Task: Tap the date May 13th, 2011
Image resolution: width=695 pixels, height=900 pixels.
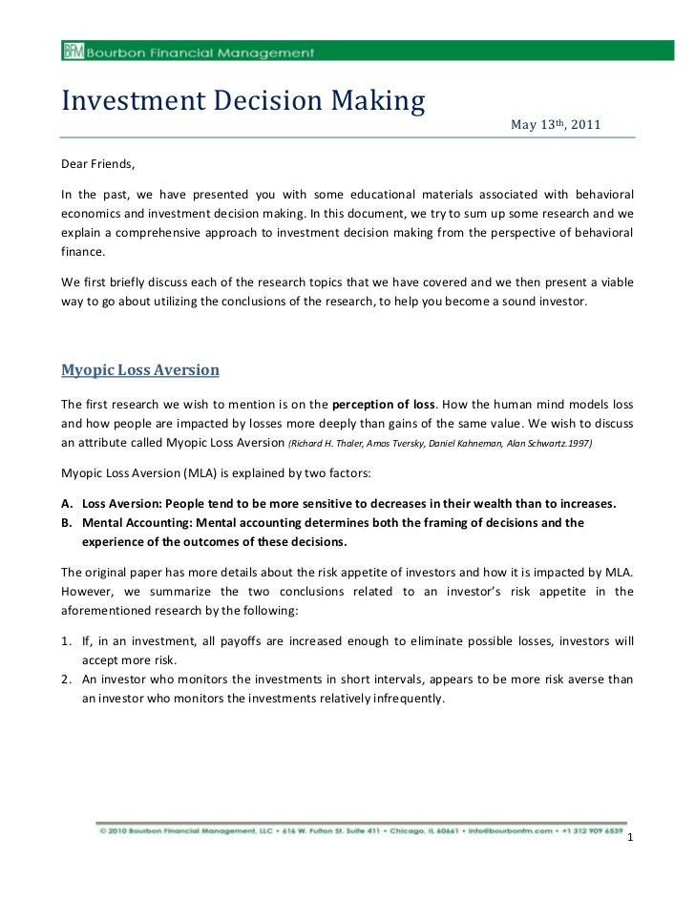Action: pos(556,125)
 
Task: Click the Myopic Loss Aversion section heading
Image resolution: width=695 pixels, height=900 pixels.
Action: pos(140,369)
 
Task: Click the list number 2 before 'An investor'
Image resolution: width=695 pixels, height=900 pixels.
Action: pos(66,680)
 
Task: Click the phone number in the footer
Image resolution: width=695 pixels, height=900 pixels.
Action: pos(590,829)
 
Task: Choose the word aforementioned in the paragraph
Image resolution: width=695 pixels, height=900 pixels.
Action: pos(106,611)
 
